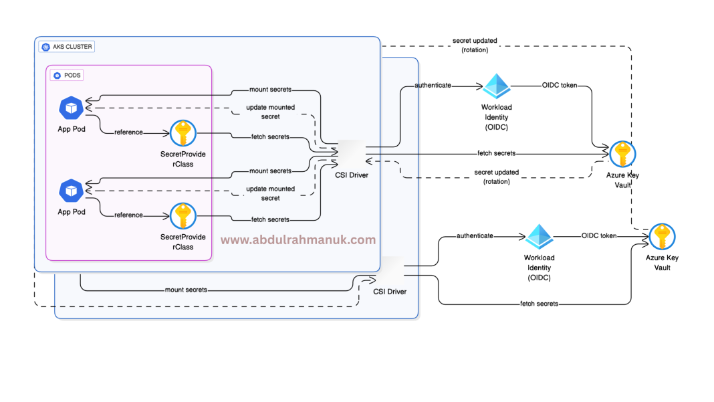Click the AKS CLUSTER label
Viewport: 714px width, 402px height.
tap(66, 47)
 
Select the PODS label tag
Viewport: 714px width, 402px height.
tap(68, 76)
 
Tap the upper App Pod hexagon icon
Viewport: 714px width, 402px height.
tap(71, 108)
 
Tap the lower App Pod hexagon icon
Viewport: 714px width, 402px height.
tap(71, 191)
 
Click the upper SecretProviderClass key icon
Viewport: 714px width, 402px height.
tap(183, 133)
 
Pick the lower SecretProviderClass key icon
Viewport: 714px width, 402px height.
tap(183, 216)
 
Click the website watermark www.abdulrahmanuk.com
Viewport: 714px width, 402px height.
tap(298, 239)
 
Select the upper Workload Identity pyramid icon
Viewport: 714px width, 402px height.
tap(497, 86)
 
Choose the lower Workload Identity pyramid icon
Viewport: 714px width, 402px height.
tap(539, 237)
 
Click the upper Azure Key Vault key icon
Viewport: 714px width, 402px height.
tap(622, 155)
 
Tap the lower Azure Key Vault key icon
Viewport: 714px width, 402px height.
tap(663, 237)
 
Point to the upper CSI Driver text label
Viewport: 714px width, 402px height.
tap(352, 175)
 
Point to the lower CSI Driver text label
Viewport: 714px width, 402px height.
tap(390, 292)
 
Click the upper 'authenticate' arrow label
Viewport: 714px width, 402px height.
tap(433, 86)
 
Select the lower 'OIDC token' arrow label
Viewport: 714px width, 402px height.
tap(599, 235)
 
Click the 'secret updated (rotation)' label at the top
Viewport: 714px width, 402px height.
tap(475, 45)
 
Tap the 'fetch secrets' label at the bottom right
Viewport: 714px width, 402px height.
tap(539, 304)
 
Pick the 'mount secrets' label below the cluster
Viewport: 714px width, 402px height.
tap(186, 290)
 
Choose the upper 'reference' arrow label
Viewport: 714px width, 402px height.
tap(128, 132)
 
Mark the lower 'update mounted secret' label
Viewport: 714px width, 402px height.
tap(270, 193)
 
